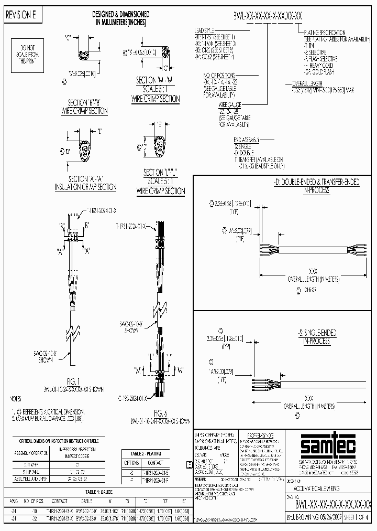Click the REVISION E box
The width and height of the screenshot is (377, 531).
pos(21,15)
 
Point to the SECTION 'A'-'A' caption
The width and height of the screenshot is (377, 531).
pos(86,183)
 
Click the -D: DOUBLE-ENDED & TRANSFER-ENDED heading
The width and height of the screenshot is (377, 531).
pos(309,182)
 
